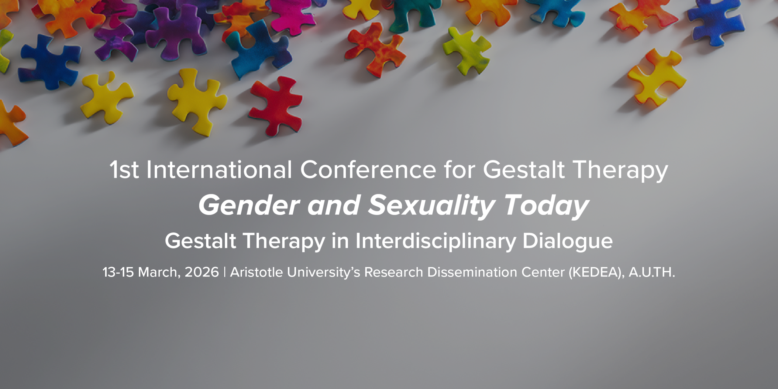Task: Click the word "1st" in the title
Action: click(x=124, y=170)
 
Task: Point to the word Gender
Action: click(x=249, y=205)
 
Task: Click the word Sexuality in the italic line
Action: click(x=432, y=206)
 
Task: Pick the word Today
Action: click(x=546, y=206)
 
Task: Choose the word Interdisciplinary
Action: click(x=435, y=242)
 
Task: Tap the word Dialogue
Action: click(x=567, y=242)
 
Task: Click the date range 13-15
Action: click(x=118, y=272)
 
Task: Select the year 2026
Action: click(x=202, y=272)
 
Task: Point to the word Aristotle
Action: click(x=256, y=272)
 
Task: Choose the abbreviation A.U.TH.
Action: click(x=652, y=272)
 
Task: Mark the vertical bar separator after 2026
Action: click(x=225, y=272)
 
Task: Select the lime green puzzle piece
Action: click(x=466, y=50)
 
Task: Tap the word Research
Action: click(x=394, y=272)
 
